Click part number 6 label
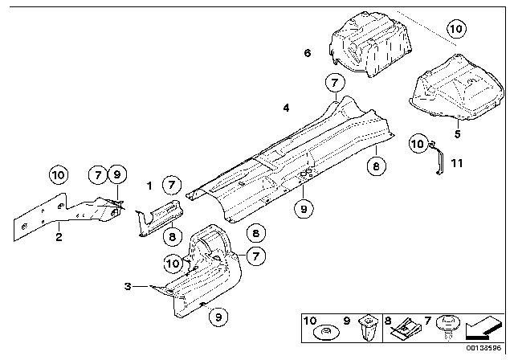pos(307,53)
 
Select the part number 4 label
pos(286,108)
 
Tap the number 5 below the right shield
pos(457,133)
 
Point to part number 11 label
pos(457,163)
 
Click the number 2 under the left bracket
pos(59,237)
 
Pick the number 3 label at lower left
pos(128,286)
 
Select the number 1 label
pos(149,186)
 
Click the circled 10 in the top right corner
pos(456,29)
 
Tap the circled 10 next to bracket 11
pos(418,144)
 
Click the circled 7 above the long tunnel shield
pos(335,82)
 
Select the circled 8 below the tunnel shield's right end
pos(376,166)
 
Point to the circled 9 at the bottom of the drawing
pos(218,317)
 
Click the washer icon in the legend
pos(327,333)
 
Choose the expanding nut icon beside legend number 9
pos(368,328)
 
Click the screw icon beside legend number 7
pos(447,328)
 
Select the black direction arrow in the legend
pos(483,329)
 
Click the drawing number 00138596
pos(483,348)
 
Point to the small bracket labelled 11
pos(437,157)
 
